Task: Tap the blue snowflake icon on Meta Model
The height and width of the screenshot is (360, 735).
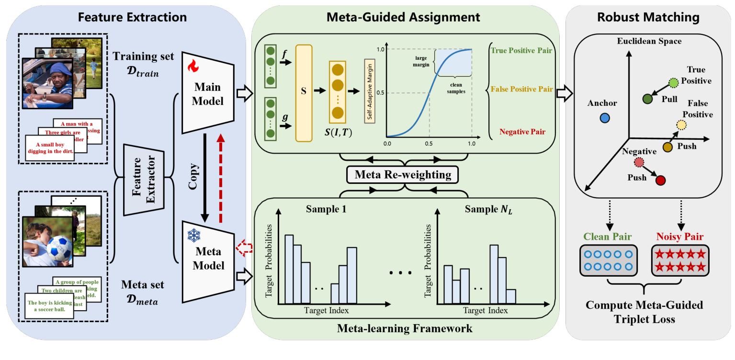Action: point(193,236)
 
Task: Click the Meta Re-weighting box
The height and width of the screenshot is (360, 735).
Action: point(403,175)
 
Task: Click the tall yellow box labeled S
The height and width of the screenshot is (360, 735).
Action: point(304,93)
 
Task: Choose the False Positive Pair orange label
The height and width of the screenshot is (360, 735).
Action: point(522,89)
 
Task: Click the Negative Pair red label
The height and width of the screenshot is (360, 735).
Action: point(522,132)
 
